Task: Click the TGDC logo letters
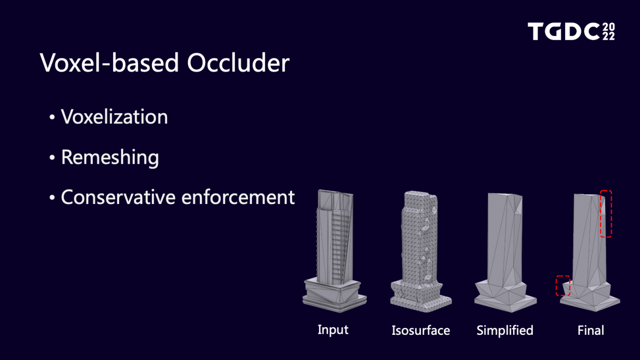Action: [563, 31]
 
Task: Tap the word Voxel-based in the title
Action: [109, 63]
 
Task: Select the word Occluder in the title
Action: [238, 63]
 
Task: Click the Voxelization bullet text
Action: [114, 117]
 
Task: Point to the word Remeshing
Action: [110, 158]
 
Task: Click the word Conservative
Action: [118, 197]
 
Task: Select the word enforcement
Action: [238, 197]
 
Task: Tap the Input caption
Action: [333, 330]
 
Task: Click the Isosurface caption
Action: [421, 330]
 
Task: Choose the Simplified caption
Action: [505, 331]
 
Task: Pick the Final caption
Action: [590, 330]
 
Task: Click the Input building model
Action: [334, 251]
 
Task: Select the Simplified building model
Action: [506, 252]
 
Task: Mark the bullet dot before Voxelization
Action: [52, 117]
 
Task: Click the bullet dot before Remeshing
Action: [52, 158]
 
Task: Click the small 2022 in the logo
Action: [608, 31]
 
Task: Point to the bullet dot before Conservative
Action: [52, 197]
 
